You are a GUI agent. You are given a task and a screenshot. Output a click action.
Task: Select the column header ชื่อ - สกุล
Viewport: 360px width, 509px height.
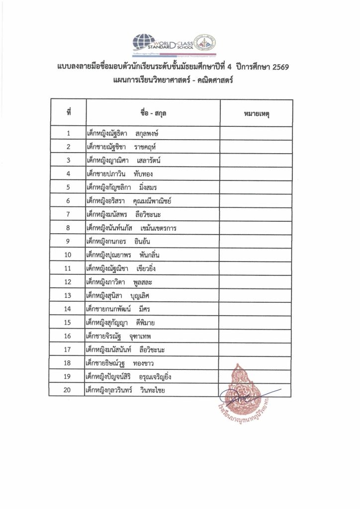coord(153,114)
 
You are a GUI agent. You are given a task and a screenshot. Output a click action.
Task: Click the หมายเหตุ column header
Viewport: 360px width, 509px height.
coord(254,114)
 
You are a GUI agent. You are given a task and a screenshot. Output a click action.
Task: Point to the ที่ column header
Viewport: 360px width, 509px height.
coord(69,114)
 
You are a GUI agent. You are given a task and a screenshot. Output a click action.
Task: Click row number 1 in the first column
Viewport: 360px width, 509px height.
coord(69,134)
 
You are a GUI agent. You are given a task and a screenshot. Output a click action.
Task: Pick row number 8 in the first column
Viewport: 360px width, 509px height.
coord(69,228)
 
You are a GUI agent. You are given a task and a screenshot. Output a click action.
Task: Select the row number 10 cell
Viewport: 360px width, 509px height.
coord(69,255)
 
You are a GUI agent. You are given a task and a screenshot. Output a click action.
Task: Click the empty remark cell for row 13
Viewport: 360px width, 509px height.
coord(254,296)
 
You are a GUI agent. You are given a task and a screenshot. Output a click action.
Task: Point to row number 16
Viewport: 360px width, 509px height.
coord(69,336)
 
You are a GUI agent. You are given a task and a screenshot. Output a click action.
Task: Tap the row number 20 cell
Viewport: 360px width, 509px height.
coord(69,390)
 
